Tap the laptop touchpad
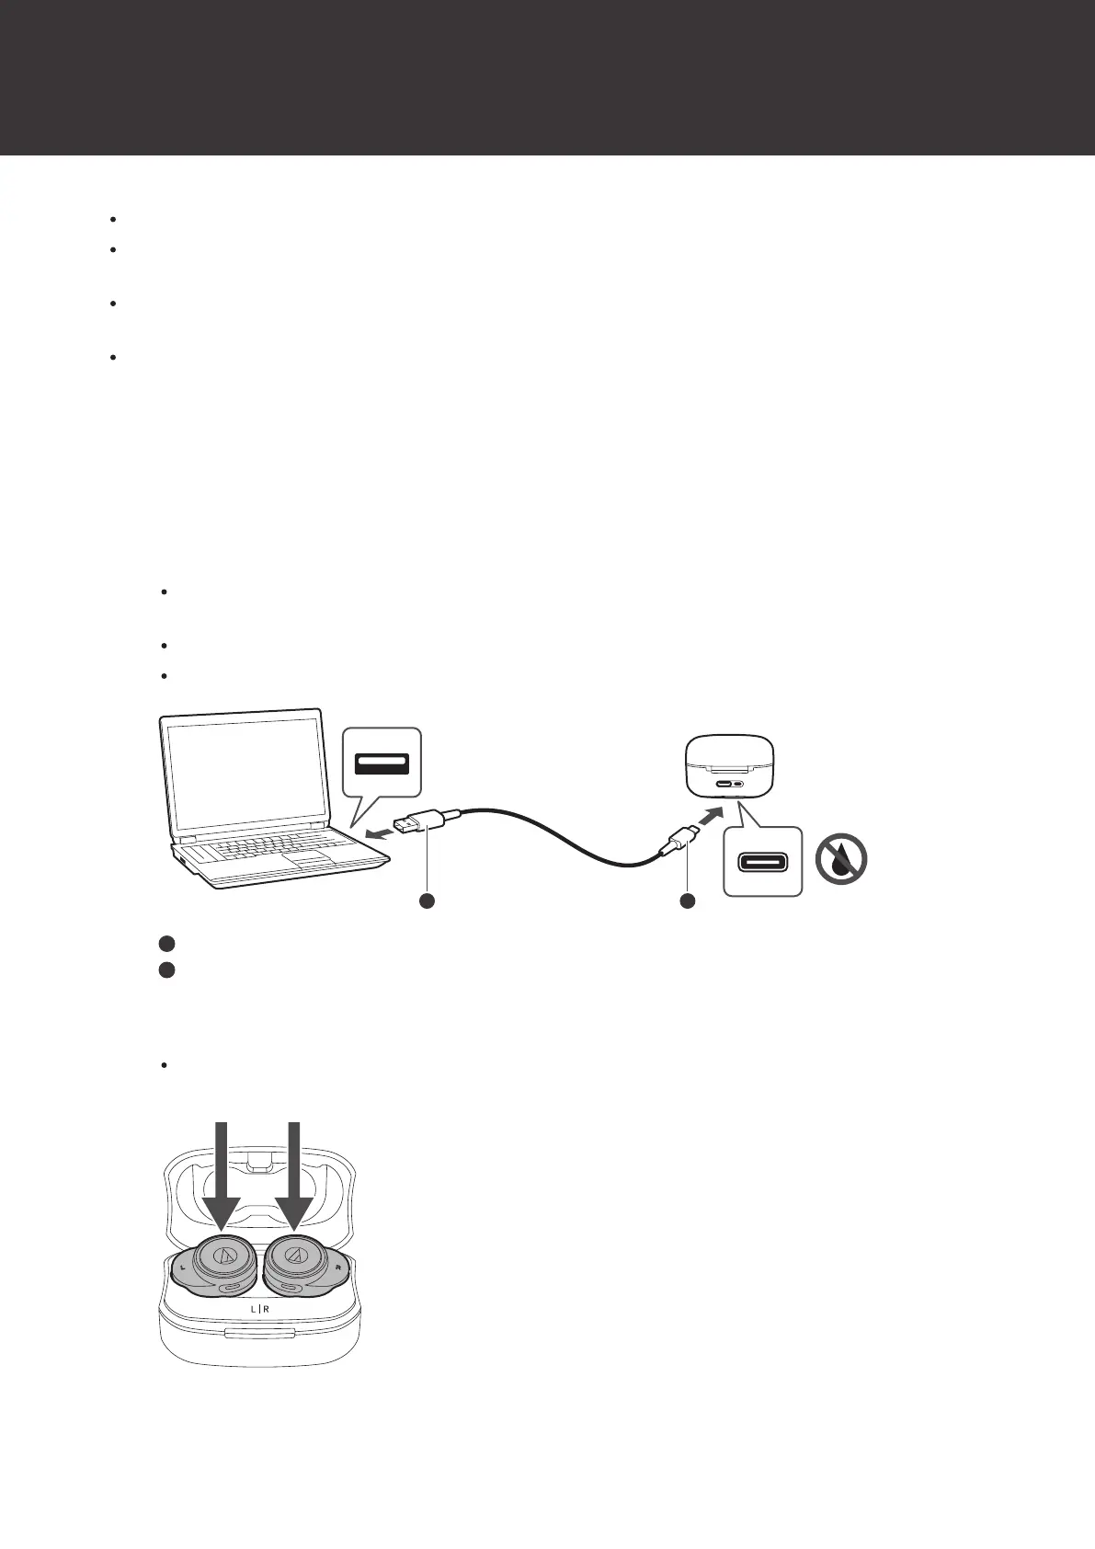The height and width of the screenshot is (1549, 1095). [x=310, y=858]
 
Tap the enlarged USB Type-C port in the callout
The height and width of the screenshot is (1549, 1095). [x=762, y=861]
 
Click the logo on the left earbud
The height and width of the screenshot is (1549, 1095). [x=224, y=1255]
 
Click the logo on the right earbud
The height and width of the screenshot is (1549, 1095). [x=296, y=1255]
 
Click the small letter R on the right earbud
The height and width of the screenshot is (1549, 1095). [x=338, y=1268]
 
